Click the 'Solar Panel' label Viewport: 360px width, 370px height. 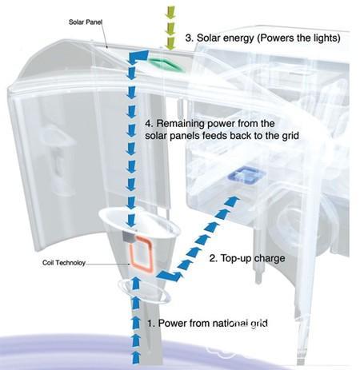point(86,22)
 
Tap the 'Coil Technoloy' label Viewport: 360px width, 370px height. point(64,263)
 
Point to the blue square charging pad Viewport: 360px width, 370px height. point(246,175)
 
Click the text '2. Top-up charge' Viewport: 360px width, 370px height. point(247,258)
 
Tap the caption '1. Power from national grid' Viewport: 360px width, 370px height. point(207,323)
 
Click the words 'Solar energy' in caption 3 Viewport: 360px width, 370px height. point(226,38)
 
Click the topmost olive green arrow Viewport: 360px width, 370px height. point(170,12)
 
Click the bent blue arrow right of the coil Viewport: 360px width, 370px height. point(168,276)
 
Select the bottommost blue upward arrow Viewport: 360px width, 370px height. point(136,357)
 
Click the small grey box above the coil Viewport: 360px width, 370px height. point(128,236)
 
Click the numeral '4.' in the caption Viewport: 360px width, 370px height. point(150,124)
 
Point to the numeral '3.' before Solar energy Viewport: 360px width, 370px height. point(190,38)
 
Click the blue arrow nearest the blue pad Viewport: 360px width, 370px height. point(231,201)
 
